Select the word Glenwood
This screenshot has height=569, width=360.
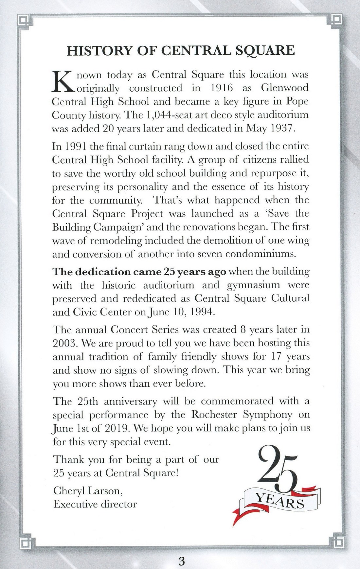coord(285,88)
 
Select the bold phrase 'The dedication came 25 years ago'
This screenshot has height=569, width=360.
coord(139,272)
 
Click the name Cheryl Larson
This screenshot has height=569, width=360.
coord(88,490)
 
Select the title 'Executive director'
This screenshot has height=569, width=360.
coord(95,504)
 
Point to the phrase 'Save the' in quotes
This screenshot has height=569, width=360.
coord(288,213)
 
